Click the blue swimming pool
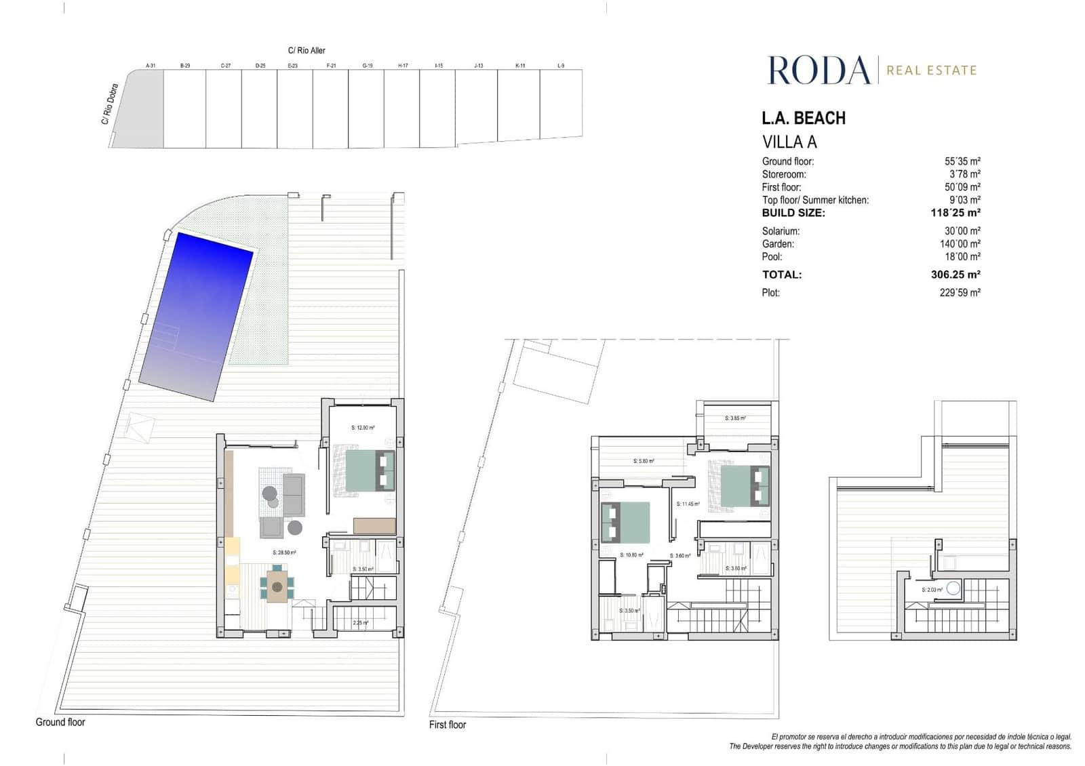pyautogui.click(x=195, y=316)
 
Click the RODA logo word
pyautogui.click(x=818, y=70)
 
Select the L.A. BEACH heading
pyautogui.click(x=804, y=118)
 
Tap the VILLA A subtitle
pyautogui.click(x=789, y=142)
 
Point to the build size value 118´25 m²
pyautogui.click(x=955, y=213)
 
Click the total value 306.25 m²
pyautogui.click(x=955, y=275)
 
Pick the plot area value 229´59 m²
pyautogui.click(x=960, y=293)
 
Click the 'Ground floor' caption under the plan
pyautogui.click(x=60, y=722)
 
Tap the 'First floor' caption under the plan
pyautogui.click(x=448, y=725)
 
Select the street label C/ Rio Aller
pyautogui.click(x=307, y=50)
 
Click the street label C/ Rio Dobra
pyautogui.click(x=110, y=104)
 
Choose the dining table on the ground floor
pyautogui.click(x=277, y=586)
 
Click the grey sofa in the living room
pyautogui.click(x=294, y=494)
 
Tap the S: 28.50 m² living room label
pyautogui.click(x=284, y=552)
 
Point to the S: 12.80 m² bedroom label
pyautogui.click(x=363, y=428)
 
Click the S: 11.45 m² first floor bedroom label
pyautogui.click(x=688, y=504)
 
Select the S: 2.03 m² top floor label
pyautogui.click(x=932, y=590)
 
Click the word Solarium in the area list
pyautogui.click(x=781, y=231)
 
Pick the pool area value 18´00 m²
pyautogui.click(x=962, y=257)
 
